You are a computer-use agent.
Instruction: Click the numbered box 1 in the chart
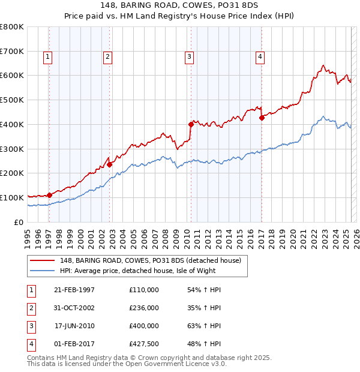(x=47, y=57)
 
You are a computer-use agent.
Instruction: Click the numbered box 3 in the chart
(x=189, y=57)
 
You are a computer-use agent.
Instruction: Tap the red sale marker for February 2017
(x=262, y=118)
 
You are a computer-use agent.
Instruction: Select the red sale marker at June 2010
(x=191, y=124)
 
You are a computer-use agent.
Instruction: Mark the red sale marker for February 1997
(x=49, y=194)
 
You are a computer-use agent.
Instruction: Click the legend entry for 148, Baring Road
(x=150, y=260)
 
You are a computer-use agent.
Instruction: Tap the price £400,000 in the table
(x=144, y=326)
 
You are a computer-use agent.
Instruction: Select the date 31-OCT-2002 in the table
(x=74, y=308)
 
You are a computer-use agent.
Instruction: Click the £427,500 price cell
(x=144, y=344)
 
